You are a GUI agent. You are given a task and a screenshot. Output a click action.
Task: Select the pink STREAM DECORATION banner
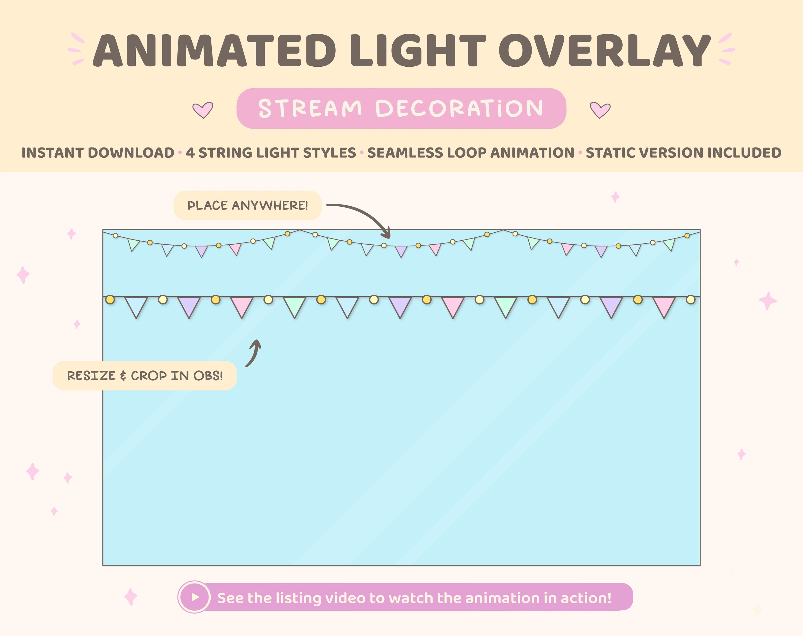click(401, 108)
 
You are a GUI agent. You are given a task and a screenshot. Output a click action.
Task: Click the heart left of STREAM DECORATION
click(203, 110)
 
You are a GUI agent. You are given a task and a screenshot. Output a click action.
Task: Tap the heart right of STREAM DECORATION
click(600, 110)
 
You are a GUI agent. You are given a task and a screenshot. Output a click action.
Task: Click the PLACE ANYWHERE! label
click(248, 206)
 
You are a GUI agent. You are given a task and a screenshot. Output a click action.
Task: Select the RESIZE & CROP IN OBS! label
click(145, 376)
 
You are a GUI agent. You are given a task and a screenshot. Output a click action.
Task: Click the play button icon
click(195, 597)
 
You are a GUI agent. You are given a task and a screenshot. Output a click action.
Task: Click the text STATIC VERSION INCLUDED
click(684, 153)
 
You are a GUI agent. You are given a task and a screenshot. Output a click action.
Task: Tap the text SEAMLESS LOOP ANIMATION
click(471, 153)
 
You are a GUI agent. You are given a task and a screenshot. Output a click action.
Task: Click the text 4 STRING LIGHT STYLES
click(271, 153)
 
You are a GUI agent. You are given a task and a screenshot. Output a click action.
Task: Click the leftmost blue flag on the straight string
click(136, 305)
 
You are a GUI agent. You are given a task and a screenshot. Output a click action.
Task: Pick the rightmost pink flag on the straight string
click(664, 305)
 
